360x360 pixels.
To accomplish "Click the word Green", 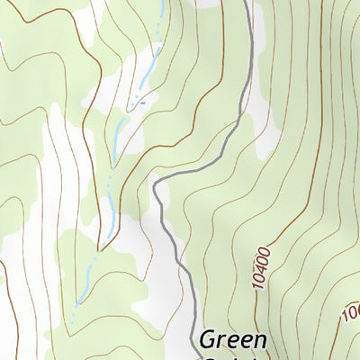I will click(233, 340).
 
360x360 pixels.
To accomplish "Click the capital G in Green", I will click(209, 340).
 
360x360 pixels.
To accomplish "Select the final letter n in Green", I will click(259, 340).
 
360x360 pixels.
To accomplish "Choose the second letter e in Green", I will click(246, 341).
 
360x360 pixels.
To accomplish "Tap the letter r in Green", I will click(222, 341).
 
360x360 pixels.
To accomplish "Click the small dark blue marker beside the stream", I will click(141, 104).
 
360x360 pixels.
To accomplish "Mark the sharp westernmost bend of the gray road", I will click(155, 186).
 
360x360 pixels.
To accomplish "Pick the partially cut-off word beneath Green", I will click(231, 356).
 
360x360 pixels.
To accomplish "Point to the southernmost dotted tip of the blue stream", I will click(76, 306).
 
